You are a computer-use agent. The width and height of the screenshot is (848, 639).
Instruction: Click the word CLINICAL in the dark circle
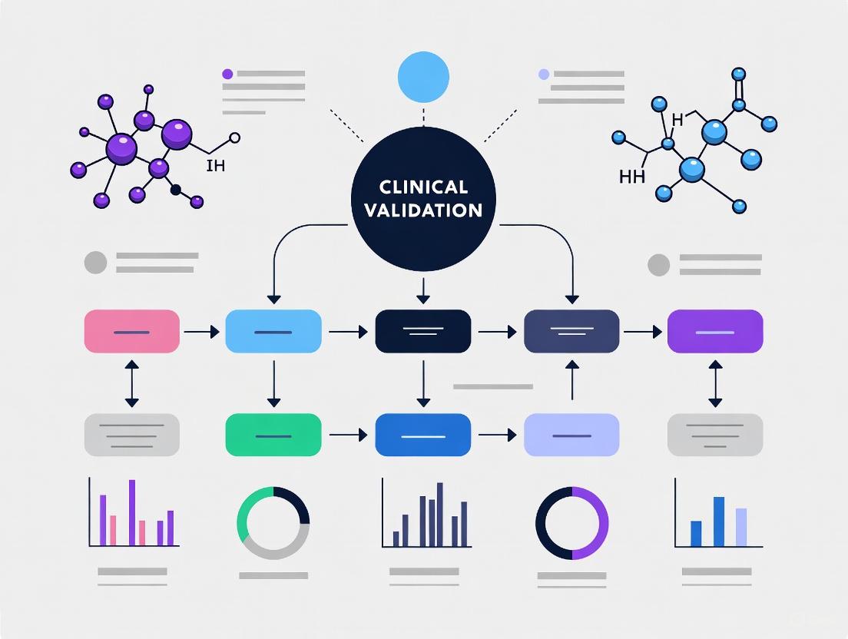[423, 187]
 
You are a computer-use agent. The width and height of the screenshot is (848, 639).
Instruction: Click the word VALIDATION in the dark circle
[423, 210]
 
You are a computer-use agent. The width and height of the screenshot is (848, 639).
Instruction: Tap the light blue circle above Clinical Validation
[422, 77]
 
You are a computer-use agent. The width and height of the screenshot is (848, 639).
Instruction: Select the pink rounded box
[131, 331]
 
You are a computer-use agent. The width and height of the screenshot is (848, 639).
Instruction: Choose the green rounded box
[273, 435]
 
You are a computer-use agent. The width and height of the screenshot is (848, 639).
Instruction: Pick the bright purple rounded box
[715, 331]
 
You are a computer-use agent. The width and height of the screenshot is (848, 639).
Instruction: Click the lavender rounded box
[571, 435]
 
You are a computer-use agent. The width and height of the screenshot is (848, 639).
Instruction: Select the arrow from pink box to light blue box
[202, 332]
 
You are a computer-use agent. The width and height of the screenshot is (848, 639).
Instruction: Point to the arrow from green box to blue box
[348, 435]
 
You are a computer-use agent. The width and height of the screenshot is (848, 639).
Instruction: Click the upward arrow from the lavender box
[571, 380]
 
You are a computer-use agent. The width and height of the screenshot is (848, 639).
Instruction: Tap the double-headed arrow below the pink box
[131, 382]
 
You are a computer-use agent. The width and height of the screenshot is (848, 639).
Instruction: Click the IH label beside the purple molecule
[216, 165]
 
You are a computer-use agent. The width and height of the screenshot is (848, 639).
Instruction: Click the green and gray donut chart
[273, 523]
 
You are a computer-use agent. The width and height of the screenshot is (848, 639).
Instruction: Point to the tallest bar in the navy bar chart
[439, 514]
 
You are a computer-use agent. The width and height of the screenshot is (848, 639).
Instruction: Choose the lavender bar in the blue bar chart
[740, 527]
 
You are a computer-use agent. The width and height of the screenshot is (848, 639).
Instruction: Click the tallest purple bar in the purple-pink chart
[132, 512]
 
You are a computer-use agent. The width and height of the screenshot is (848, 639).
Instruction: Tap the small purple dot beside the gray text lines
[227, 74]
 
